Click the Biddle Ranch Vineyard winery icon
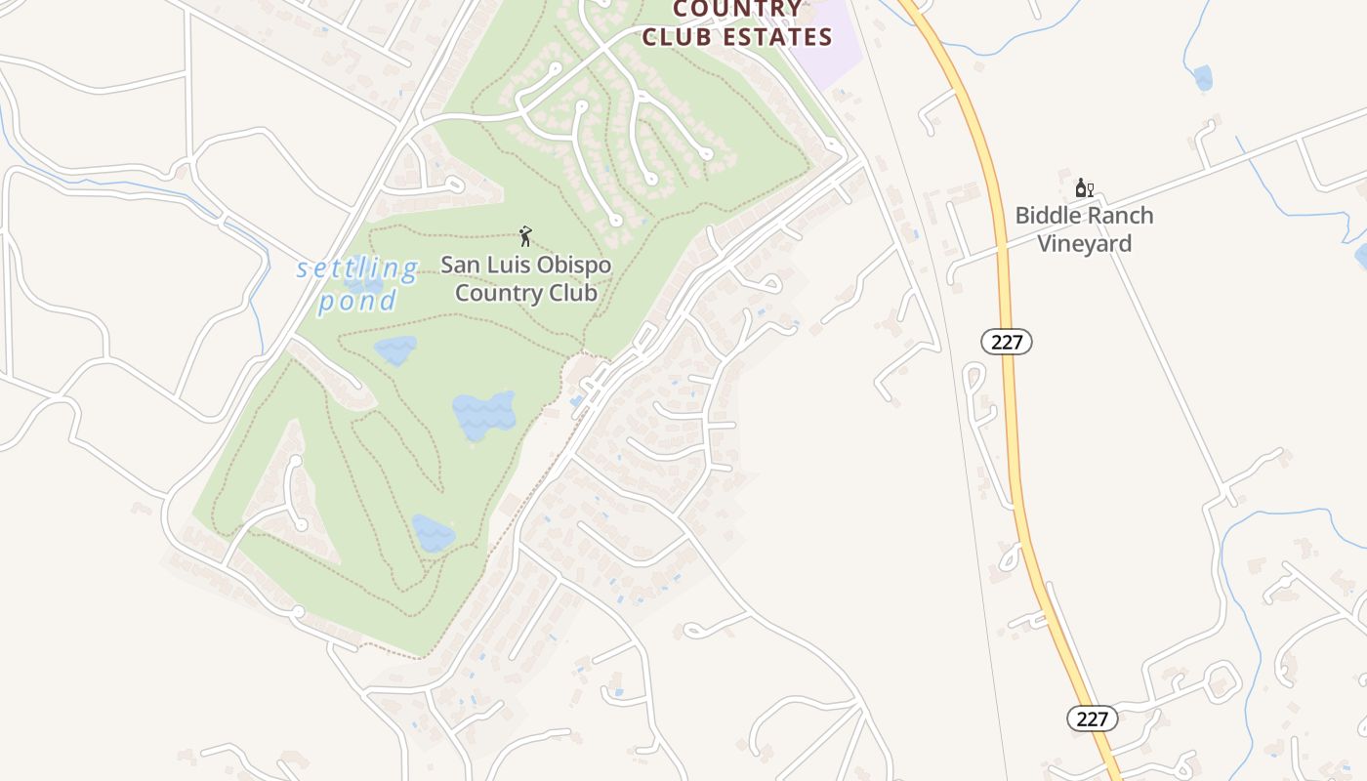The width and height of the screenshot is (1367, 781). pyautogui.click(x=1083, y=187)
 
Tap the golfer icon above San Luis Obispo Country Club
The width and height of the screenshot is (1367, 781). pyautogui.click(x=525, y=236)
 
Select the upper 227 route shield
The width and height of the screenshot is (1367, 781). pyautogui.click(x=1007, y=342)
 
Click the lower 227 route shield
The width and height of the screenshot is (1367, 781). pyautogui.click(x=1092, y=719)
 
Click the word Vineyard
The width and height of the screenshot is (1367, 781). pyautogui.click(x=1084, y=243)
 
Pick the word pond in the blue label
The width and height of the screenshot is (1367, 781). pyautogui.click(x=358, y=300)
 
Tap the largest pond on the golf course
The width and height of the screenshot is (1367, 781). pyautogui.click(x=482, y=414)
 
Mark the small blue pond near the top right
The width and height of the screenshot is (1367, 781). pyautogui.click(x=1202, y=77)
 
